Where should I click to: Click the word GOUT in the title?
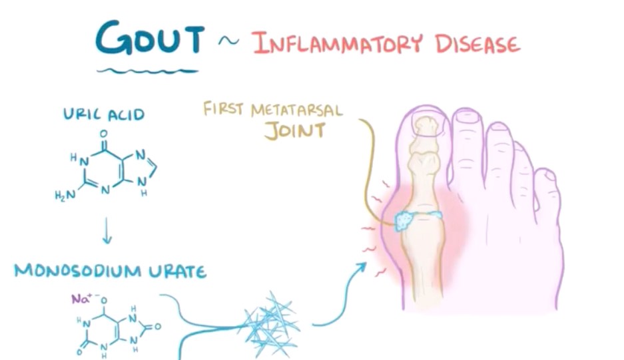(150, 38)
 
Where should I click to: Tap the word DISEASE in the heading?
(477, 43)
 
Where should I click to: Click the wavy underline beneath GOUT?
(148, 71)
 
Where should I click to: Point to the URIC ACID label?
(104, 114)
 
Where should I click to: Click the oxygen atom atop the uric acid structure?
(103, 133)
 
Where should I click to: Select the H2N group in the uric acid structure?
(65, 195)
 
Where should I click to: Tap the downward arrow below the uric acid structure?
(107, 230)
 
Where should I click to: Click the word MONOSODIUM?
(78, 271)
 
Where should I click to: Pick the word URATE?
(178, 272)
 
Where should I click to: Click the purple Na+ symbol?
(81, 298)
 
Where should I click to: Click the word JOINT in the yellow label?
(295, 131)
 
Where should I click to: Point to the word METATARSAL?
(296, 110)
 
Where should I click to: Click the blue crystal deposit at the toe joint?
(405, 221)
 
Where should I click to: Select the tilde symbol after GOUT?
(229, 41)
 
